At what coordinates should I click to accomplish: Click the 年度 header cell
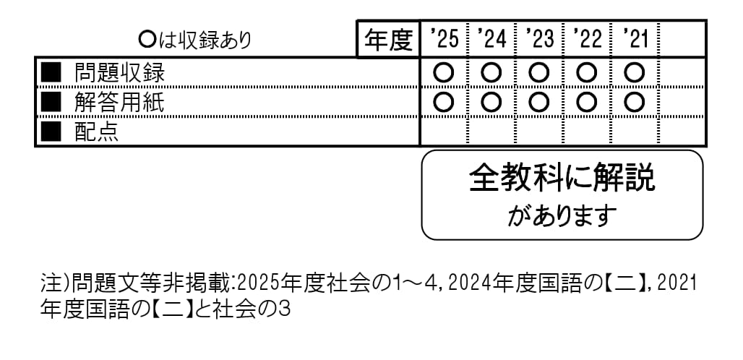click(x=388, y=39)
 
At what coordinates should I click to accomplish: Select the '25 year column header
click(x=444, y=39)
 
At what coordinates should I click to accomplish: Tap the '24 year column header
click(x=492, y=39)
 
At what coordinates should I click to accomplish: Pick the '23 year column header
click(x=539, y=39)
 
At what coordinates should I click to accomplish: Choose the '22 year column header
click(x=587, y=39)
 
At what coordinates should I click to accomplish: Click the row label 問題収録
click(x=119, y=73)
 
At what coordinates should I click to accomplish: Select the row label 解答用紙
click(x=119, y=103)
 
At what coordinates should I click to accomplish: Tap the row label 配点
click(x=97, y=132)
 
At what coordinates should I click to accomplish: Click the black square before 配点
click(x=51, y=132)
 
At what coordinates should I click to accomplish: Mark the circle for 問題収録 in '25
click(x=444, y=73)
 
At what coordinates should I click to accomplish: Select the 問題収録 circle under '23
click(x=539, y=73)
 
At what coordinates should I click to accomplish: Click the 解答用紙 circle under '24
click(x=491, y=103)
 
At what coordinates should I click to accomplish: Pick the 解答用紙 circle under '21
click(x=635, y=103)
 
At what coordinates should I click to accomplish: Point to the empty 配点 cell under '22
click(x=587, y=132)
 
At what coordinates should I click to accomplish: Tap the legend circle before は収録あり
click(x=147, y=40)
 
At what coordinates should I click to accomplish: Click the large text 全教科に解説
click(x=562, y=178)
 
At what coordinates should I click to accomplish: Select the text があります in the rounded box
click(x=562, y=215)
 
